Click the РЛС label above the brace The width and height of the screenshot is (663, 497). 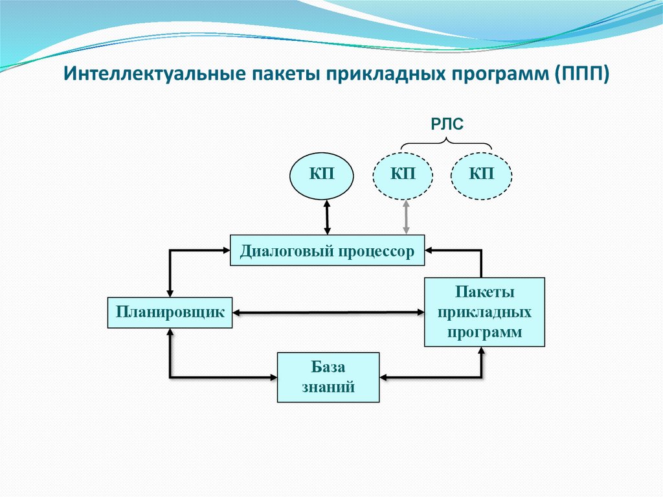click(x=447, y=124)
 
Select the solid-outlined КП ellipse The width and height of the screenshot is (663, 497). click(x=322, y=174)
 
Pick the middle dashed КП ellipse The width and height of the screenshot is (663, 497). click(x=403, y=174)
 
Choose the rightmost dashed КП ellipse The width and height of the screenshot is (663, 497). click(x=481, y=174)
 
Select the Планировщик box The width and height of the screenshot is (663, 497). click(x=170, y=312)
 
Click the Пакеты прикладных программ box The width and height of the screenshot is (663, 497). click(x=484, y=312)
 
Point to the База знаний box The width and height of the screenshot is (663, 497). click(x=328, y=377)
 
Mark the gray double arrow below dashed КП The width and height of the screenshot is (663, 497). click(x=406, y=217)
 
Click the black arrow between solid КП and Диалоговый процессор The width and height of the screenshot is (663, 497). click(x=327, y=217)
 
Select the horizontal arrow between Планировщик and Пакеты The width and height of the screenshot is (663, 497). click(x=328, y=313)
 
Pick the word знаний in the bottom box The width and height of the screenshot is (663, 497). click(x=328, y=387)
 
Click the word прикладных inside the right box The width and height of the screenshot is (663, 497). click(x=484, y=312)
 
